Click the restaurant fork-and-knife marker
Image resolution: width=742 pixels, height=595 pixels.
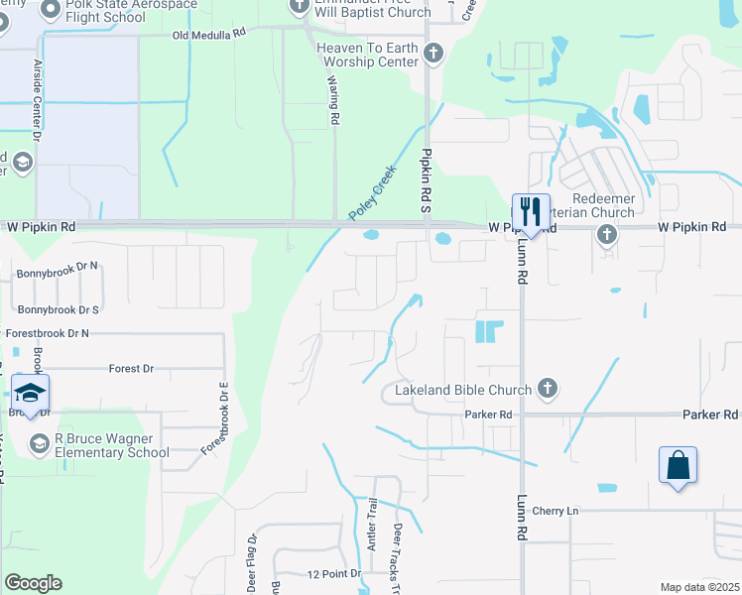click(531, 212)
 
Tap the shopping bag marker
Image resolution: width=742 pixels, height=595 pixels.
click(678, 465)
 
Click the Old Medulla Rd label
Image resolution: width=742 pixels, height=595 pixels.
click(208, 34)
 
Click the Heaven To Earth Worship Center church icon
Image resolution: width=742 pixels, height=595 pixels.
click(433, 53)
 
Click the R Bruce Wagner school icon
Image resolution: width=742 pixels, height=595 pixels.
click(40, 442)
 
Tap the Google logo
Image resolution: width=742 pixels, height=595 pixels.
click(33, 582)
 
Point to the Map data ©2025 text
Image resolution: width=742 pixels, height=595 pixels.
click(698, 587)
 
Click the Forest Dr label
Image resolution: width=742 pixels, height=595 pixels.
click(131, 368)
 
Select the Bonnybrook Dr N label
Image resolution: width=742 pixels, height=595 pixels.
click(58, 266)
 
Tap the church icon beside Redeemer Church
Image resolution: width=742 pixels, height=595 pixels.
click(607, 234)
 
